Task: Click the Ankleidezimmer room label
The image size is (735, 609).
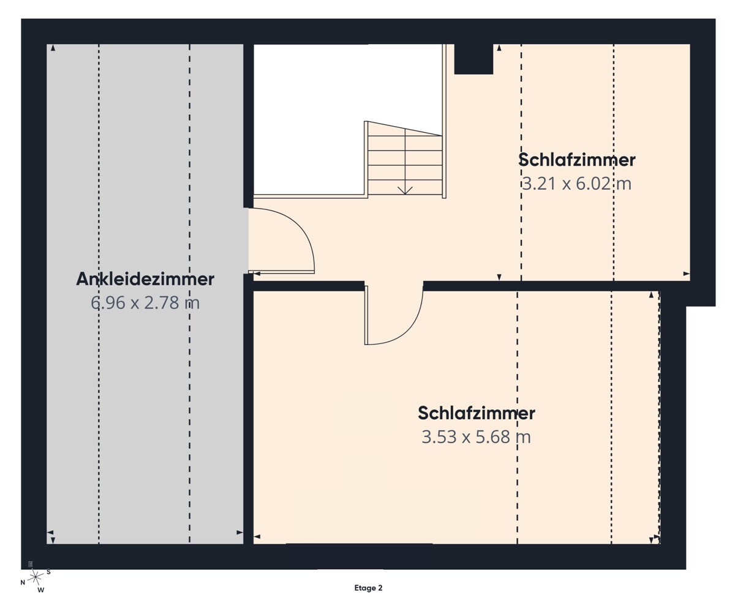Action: pos(145,279)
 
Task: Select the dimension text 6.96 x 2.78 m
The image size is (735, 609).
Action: pos(145,302)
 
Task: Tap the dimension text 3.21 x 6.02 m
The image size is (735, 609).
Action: pos(576,183)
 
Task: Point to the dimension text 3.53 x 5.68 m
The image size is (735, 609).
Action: pos(476,437)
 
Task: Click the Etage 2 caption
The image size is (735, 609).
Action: pos(368,588)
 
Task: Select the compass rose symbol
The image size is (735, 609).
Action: pos(35,576)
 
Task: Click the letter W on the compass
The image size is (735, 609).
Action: pos(41,591)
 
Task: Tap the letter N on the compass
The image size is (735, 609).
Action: pos(23,583)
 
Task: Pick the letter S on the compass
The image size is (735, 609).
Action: pos(48,572)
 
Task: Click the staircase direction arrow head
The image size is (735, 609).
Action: pos(405,191)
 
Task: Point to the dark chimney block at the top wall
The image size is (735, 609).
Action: pos(473,59)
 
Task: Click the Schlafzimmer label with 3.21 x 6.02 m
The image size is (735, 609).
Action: pos(576,160)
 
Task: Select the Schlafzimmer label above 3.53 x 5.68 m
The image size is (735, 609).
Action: pos(476,413)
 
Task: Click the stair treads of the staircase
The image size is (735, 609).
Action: pos(405,158)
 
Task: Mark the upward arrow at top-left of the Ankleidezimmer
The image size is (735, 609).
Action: pos(53,48)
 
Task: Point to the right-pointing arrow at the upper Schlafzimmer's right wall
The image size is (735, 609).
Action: pos(686,274)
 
